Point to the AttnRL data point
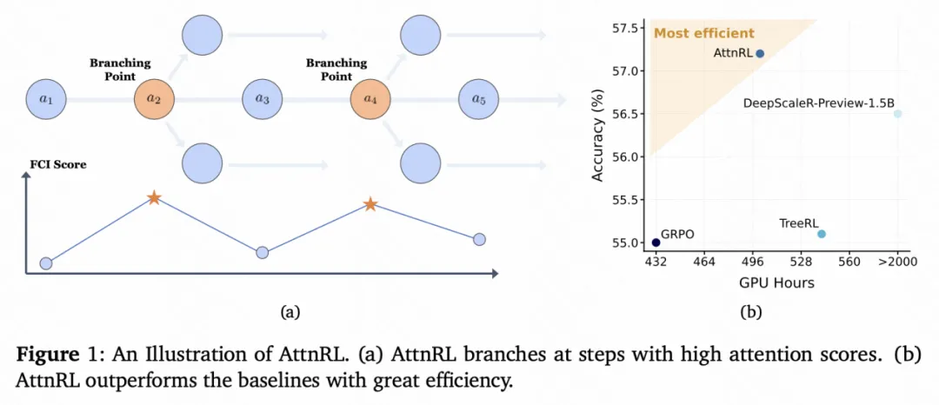coord(760,53)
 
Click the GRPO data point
coord(656,242)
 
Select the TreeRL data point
coord(822,234)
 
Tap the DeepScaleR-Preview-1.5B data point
coord(898,113)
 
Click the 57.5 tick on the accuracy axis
coord(629,28)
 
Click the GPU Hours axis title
coord(776,282)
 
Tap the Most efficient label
coord(704,34)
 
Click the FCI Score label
coord(57,164)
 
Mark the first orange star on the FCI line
coord(154,198)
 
